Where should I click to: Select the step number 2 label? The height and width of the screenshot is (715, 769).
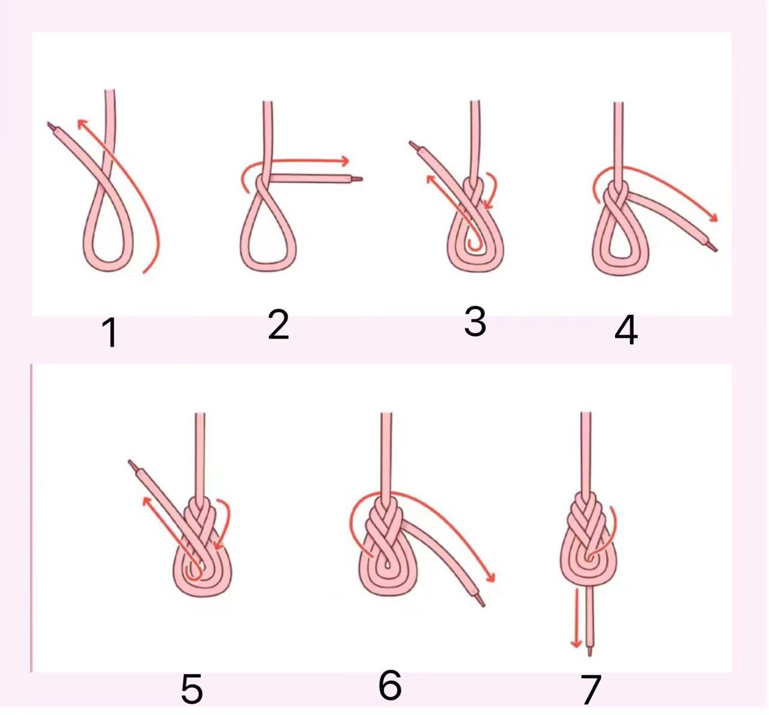pos(278,325)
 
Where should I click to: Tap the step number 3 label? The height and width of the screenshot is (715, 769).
pos(475,321)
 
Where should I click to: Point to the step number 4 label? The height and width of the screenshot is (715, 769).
pos(626,330)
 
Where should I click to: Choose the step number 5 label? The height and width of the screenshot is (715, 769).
pos(192,689)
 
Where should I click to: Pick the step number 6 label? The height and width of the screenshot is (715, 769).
pos(390,684)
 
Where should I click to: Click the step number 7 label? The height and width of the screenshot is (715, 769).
pos(591,689)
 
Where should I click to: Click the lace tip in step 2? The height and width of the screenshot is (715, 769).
pos(357,179)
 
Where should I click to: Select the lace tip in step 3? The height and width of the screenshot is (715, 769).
pos(413,145)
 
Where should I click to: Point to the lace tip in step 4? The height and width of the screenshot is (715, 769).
pos(712,247)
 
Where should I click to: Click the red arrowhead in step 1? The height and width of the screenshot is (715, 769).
pos(82,124)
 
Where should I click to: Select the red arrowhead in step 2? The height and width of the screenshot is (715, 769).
pos(344,161)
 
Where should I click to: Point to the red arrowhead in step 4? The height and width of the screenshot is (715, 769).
pos(714,217)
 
